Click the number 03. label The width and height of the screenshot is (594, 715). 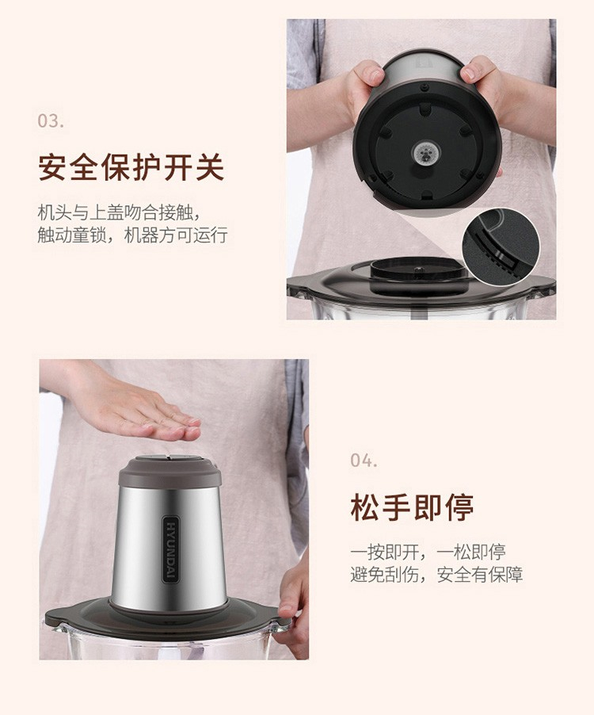coord(51,120)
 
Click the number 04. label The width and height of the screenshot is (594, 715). coord(364,460)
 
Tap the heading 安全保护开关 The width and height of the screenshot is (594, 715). coord(131,167)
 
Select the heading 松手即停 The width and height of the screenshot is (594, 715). coord(413,507)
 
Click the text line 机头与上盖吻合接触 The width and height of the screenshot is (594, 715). coord(119,212)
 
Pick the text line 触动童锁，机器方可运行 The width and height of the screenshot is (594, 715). coord(132,235)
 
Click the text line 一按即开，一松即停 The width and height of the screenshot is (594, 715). coord(428,552)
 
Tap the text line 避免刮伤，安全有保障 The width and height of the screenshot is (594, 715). coord(436,575)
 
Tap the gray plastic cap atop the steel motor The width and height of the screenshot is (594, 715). coord(170,471)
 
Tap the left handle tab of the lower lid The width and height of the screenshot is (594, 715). coord(57,616)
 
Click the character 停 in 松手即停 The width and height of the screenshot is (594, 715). coord(459,507)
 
